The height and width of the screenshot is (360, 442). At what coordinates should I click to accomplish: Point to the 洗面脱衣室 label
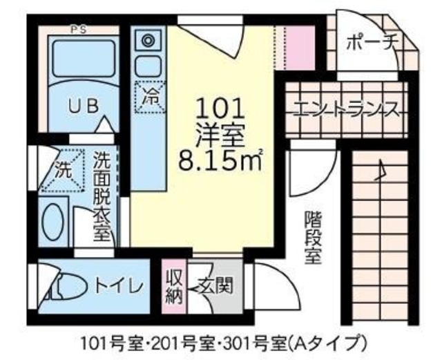(x=102, y=196)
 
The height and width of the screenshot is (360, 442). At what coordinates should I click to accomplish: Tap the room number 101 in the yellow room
(x=221, y=108)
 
